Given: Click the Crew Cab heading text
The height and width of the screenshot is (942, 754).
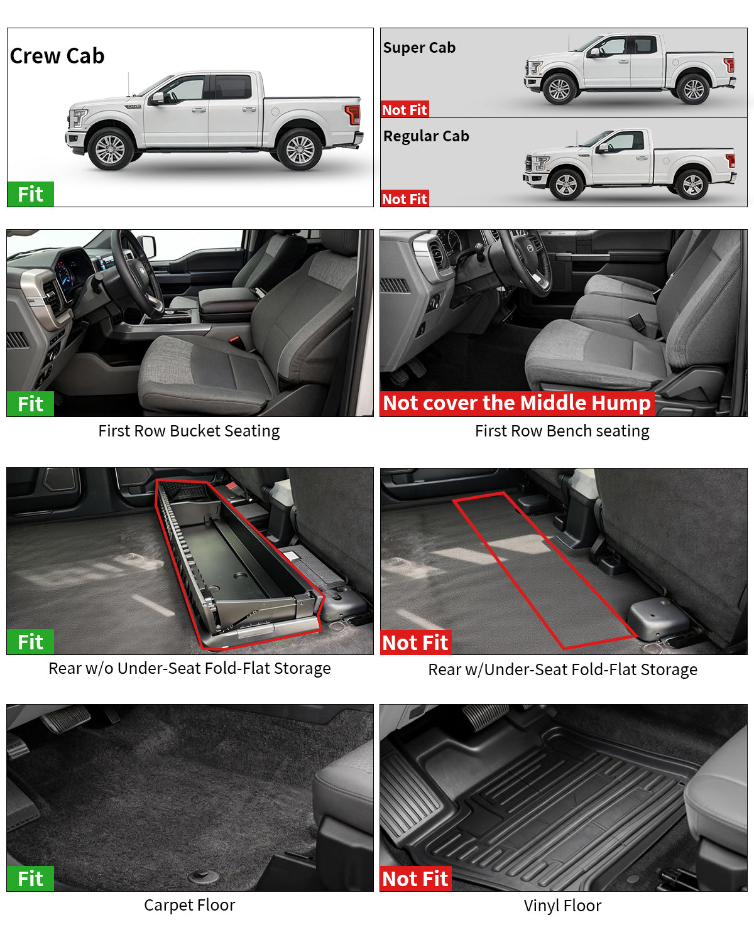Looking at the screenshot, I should click(x=57, y=56).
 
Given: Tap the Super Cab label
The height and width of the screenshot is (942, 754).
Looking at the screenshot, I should click(x=419, y=48).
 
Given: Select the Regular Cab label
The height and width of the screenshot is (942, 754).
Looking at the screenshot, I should click(x=426, y=136).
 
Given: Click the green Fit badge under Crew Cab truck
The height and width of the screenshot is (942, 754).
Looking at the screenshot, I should click(x=30, y=195).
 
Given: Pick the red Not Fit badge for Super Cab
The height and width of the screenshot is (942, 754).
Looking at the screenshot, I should click(x=405, y=110).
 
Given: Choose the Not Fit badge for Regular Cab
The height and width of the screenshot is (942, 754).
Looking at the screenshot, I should click(x=405, y=199).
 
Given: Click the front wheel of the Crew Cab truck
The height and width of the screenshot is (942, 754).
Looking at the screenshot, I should click(x=111, y=149).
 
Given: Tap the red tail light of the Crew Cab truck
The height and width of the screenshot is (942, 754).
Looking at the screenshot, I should click(x=353, y=114).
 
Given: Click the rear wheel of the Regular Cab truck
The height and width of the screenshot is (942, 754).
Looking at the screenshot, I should click(x=692, y=185).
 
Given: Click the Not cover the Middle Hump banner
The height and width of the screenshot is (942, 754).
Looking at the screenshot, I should click(x=516, y=403).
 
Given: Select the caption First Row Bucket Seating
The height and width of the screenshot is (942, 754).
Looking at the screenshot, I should click(x=188, y=431).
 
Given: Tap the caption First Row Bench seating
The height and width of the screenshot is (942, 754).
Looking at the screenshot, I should click(x=562, y=431).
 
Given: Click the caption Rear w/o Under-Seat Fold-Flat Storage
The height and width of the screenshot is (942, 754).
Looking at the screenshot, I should click(x=189, y=669).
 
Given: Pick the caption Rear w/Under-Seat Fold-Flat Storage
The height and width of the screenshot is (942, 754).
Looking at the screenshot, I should click(x=562, y=670).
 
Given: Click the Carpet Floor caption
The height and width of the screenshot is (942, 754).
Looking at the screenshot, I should click(x=189, y=906).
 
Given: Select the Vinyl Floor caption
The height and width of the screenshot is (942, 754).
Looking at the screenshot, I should click(x=562, y=906).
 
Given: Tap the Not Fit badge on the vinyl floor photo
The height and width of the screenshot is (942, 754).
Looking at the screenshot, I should click(x=415, y=879).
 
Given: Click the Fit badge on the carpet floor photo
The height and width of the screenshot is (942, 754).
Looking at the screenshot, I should click(x=30, y=879).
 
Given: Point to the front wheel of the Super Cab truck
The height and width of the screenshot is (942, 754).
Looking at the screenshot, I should click(x=559, y=89).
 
